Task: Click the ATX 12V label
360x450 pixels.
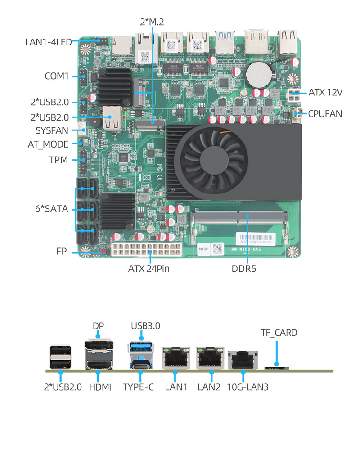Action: pos(325,93)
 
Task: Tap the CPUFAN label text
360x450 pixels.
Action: pos(325,113)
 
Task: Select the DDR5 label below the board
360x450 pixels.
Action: pos(247,269)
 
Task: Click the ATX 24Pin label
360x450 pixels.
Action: pos(149,269)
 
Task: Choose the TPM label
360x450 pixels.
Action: pos(58,159)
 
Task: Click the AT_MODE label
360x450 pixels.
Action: pos(48,144)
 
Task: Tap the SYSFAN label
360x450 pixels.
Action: pos(52,131)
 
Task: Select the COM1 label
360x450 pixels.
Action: pos(56,76)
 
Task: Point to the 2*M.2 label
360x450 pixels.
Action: pos(153,21)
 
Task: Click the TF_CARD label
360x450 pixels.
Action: pos(279,333)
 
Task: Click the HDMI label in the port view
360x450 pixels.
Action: pos(100,387)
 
